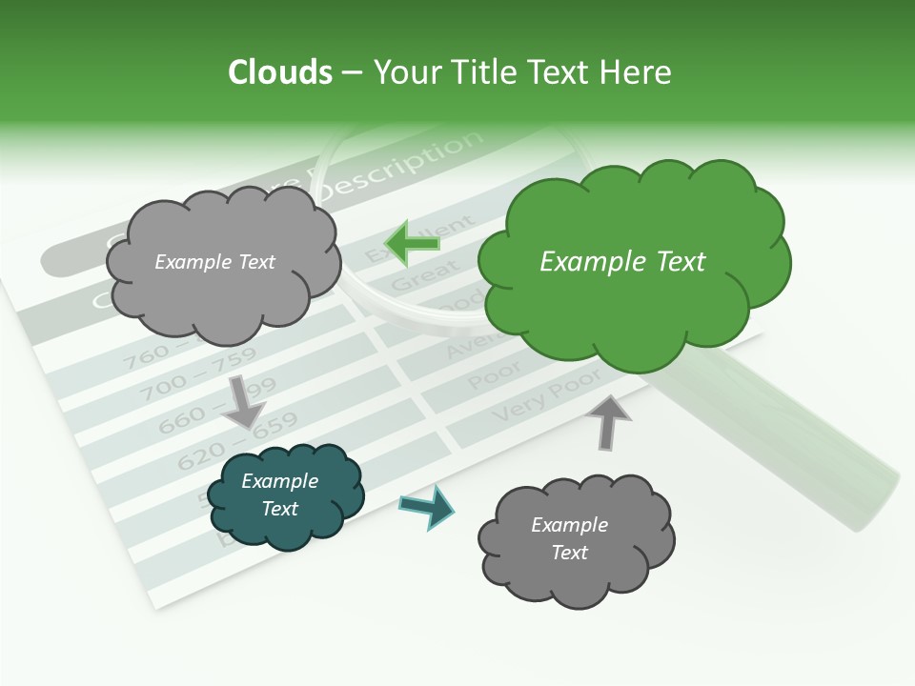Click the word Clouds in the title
280,72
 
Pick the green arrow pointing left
412,243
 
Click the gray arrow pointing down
244,401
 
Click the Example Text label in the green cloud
622,262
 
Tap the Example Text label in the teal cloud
279,495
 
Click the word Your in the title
401,72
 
